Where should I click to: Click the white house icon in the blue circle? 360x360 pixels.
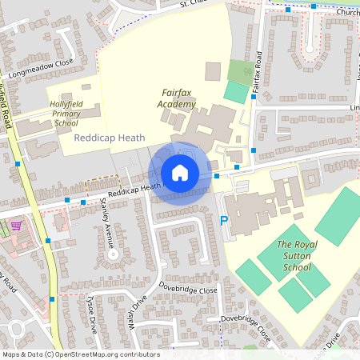pyautogui.click(x=180, y=172)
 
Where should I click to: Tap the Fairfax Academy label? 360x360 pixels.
pyautogui.click(x=176, y=98)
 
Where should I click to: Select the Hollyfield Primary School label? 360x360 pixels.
pyautogui.click(x=63, y=114)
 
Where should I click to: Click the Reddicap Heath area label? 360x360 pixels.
pyautogui.click(x=109, y=138)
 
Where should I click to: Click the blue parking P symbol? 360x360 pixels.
pyautogui.click(x=223, y=220)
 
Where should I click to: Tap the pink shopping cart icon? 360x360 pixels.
pyautogui.click(x=15, y=226)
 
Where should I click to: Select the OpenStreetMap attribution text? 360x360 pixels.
pyautogui.click(x=80, y=354)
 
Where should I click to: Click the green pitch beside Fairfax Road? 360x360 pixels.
pyautogui.click(x=235, y=91)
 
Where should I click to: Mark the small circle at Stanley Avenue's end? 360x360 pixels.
pyautogui.click(x=114, y=254)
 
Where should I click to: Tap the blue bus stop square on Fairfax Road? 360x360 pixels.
pyautogui.click(x=254, y=150)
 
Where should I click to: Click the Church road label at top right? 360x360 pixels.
pyautogui.click(x=347, y=12)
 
